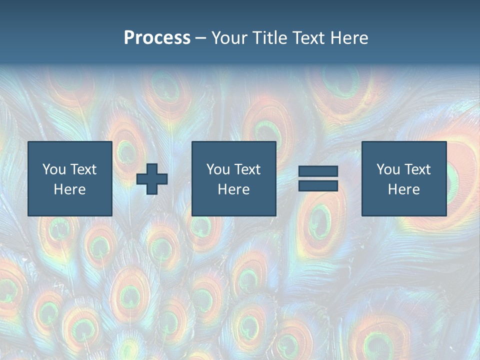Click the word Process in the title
click(157, 38)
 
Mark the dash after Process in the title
click(200, 38)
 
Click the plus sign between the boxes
click(152, 179)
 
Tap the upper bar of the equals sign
click(318, 171)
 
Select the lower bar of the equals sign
click(318, 186)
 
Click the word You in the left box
click(54, 169)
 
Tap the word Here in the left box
click(69, 189)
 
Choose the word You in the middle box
click(218, 169)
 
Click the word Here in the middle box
click(233, 189)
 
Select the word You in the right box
click(388, 169)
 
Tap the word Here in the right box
click(403, 189)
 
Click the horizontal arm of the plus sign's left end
click(140, 179)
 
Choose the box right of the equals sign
click(403, 178)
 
